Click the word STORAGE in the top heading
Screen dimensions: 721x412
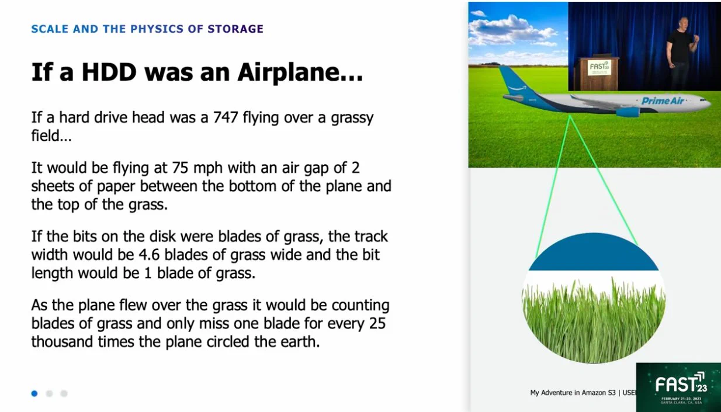(x=235, y=29)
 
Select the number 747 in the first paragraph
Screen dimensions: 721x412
(x=226, y=117)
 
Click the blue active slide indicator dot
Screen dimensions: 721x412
(x=34, y=393)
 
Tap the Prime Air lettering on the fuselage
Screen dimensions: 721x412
(x=663, y=101)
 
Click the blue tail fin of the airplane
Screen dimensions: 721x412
(x=515, y=80)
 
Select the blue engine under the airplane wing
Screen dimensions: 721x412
(x=628, y=112)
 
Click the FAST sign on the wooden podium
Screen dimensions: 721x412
(x=599, y=68)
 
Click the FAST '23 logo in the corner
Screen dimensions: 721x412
(x=678, y=387)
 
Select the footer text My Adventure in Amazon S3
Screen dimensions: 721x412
(x=573, y=393)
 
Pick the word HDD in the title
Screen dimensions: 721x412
(x=109, y=72)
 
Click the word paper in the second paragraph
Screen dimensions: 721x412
(x=116, y=186)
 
